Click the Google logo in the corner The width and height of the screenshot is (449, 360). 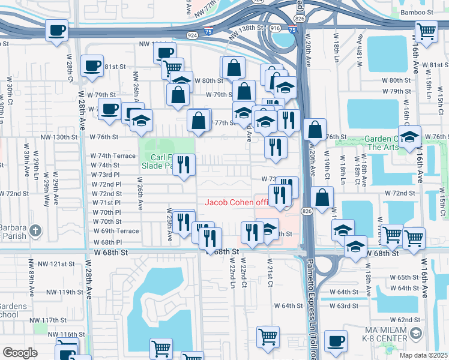click(x=20, y=353)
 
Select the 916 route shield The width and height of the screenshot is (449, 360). click(x=275, y=28)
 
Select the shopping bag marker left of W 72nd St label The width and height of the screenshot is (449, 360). click(x=322, y=196)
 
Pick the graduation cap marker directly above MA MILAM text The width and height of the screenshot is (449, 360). click(x=416, y=334)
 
